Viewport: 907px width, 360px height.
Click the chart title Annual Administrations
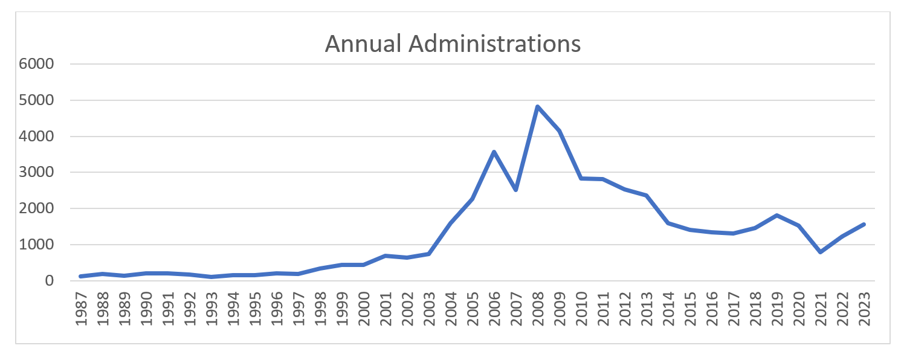click(x=453, y=44)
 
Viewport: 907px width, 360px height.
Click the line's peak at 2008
click(x=537, y=106)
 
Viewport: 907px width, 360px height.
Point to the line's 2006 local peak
click(x=494, y=152)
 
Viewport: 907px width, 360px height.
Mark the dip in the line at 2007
click(x=515, y=190)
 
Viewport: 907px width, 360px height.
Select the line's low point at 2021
click(x=820, y=252)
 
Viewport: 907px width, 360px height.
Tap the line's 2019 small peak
click(x=776, y=215)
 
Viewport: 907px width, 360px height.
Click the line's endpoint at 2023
click(x=863, y=224)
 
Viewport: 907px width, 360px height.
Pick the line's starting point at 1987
click(x=80, y=277)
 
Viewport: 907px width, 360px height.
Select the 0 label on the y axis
click(x=50, y=281)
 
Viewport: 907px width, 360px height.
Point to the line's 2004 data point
click(x=450, y=223)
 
